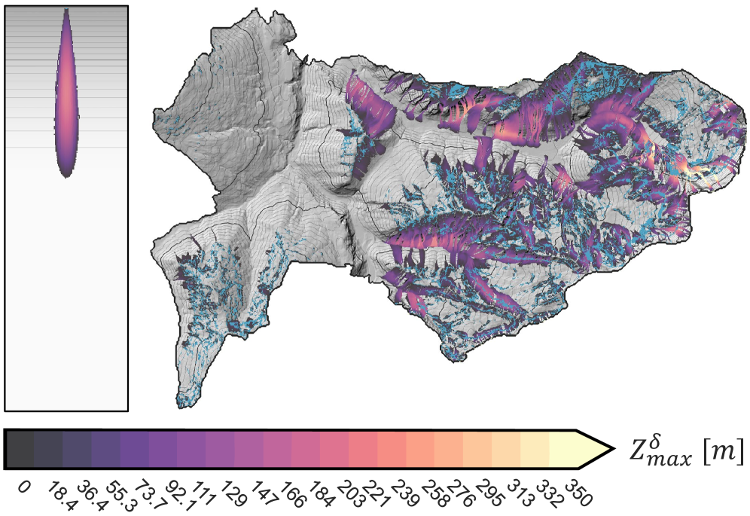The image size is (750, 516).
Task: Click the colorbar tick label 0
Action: coord(24,487)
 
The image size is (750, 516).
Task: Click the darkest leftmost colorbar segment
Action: coord(20,450)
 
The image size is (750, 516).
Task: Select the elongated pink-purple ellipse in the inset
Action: coord(66,94)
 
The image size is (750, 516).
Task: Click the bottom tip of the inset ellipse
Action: coord(67,176)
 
